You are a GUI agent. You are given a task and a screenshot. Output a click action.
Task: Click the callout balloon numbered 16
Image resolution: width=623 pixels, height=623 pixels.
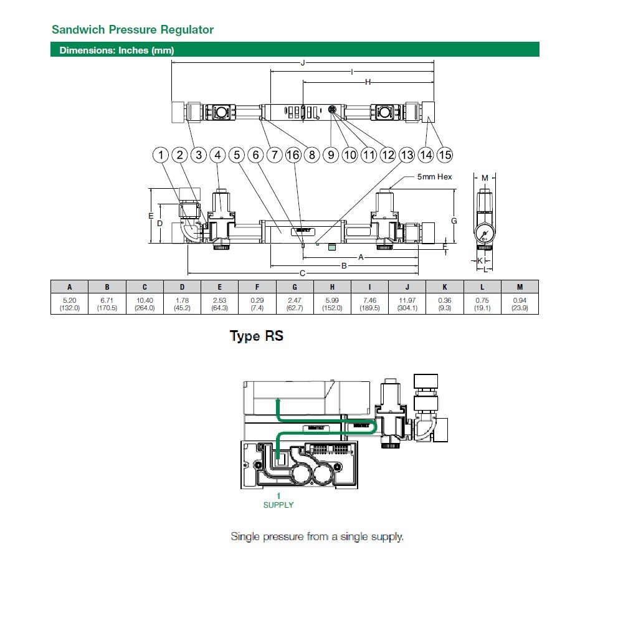[293, 155]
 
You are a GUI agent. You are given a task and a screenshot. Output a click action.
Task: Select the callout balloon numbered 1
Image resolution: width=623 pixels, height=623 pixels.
[161, 155]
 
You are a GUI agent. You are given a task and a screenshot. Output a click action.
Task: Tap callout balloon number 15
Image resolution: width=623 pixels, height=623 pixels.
[445, 155]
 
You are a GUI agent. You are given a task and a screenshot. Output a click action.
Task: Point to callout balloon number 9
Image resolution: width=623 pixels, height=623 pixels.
[331, 155]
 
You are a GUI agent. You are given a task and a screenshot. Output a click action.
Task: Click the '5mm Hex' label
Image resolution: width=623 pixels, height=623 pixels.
[435, 177]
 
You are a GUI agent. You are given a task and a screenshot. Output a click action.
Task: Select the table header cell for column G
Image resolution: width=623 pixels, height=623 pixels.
[295, 287]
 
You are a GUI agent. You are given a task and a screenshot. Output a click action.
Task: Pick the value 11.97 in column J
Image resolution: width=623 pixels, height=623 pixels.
[407, 300]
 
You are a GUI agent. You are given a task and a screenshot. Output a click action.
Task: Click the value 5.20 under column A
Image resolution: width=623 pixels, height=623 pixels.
[70, 300]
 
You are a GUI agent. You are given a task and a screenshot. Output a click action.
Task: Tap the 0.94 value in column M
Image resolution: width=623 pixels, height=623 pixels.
[520, 300]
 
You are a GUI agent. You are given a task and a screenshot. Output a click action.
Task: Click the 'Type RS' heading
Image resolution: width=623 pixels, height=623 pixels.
[257, 336]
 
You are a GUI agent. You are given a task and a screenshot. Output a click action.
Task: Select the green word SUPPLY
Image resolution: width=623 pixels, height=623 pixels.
[278, 505]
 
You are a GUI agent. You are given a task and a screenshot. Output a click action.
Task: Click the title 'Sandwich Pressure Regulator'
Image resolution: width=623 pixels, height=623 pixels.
[133, 30]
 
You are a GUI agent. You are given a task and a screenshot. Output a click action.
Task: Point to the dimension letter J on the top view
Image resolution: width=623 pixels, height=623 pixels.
[302, 63]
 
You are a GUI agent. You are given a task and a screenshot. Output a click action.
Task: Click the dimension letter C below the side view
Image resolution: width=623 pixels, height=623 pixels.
[303, 273]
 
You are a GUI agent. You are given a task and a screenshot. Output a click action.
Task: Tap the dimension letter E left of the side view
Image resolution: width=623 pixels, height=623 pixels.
[150, 216]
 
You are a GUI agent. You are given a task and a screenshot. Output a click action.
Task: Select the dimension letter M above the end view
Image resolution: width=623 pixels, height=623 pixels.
[485, 179]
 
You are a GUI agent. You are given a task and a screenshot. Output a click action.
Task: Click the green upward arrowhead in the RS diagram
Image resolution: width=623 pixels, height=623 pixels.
[278, 400]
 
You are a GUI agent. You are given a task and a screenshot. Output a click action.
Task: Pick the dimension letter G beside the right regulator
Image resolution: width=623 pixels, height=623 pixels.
[454, 221]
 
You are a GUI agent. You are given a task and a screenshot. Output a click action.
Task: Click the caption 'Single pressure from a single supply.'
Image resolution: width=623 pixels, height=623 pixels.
[317, 536]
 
